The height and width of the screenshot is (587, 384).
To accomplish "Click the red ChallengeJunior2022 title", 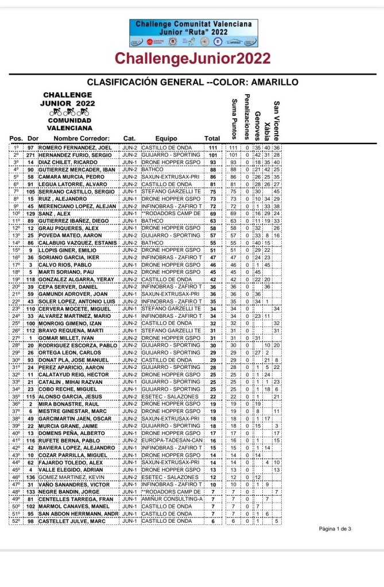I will pyautogui.click(x=192, y=59).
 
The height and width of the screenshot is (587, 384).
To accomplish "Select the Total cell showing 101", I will pyautogui.click(x=213, y=155).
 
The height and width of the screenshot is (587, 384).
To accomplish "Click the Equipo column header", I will pyautogui.click(x=166, y=138).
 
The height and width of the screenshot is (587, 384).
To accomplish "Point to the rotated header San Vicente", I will pyautogui.click(x=277, y=120).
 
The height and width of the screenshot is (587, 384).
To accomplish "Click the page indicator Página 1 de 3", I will pyautogui.click(x=335, y=528).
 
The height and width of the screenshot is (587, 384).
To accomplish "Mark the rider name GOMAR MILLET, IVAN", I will pyautogui.click(x=64, y=338).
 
